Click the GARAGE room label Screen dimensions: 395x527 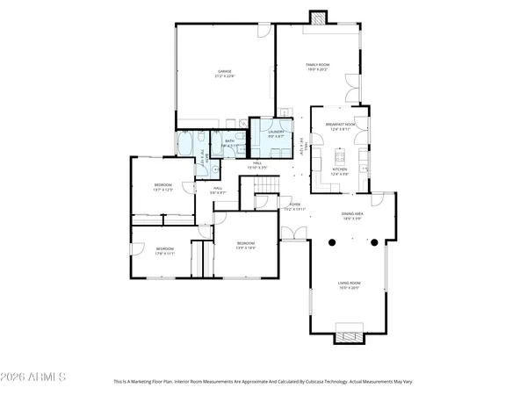coord(225,73)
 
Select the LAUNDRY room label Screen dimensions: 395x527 coord(264,133)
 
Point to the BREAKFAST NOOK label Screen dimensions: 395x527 coord(339,126)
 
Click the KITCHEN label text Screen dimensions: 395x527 coord(339,170)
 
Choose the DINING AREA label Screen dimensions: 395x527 coord(353,215)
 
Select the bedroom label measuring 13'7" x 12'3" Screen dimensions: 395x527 coord(163,186)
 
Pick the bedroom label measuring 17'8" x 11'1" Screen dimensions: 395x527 coord(165,250)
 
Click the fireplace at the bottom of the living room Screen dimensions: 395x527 coord(349,334)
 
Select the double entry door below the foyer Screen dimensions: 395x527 coord(292,233)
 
